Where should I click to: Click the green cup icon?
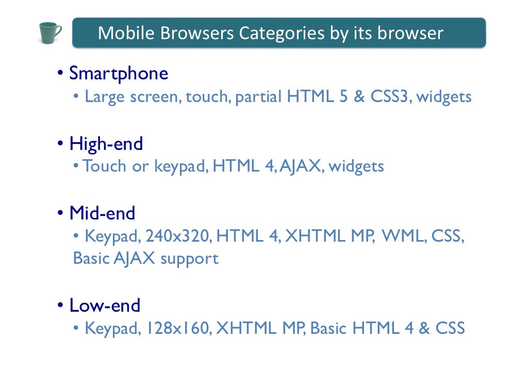coord(50,33)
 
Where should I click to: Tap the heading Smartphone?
coord(119,73)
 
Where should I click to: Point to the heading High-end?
coord(106,143)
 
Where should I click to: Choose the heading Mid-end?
coord(102,213)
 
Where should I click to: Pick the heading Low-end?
coord(105,306)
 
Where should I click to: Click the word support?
coord(189,259)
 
